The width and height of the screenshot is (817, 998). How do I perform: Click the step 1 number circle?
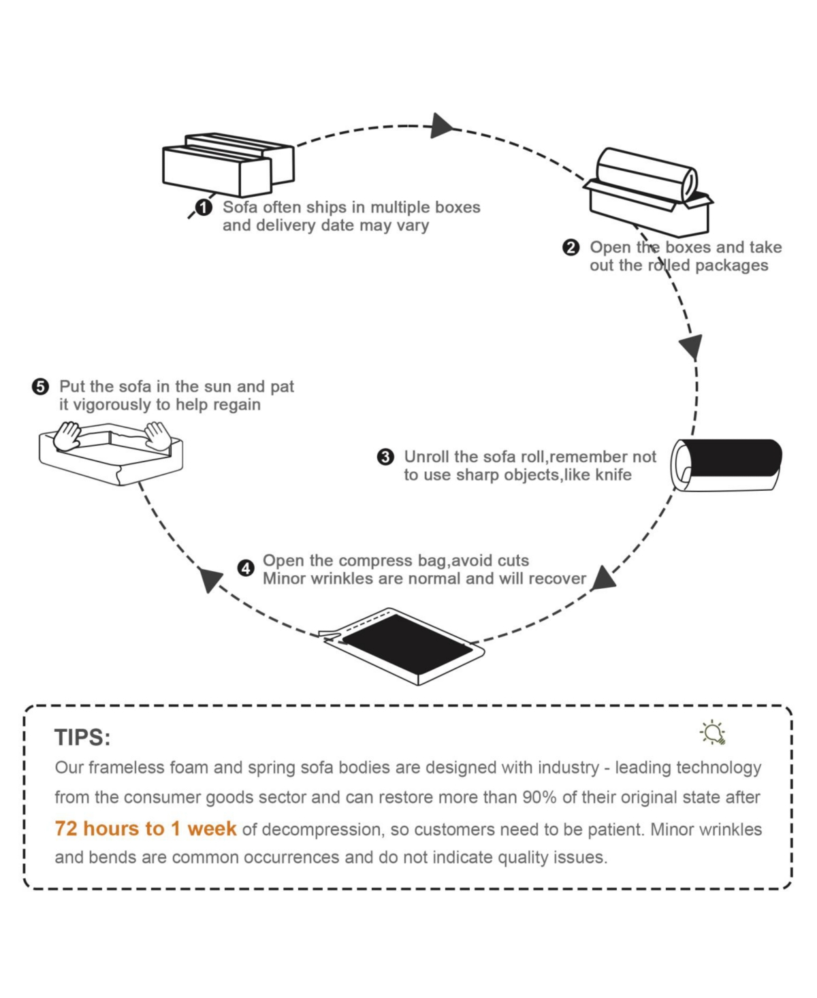(x=204, y=208)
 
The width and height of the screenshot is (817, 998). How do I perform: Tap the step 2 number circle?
(x=571, y=248)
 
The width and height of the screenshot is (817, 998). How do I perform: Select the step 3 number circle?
(x=385, y=457)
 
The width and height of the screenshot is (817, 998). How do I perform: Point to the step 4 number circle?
(x=246, y=568)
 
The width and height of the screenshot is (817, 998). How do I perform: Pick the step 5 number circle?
(x=40, y=387)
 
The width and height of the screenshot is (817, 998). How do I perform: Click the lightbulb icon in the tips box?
(x=713, y=733)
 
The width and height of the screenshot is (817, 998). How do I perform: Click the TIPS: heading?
(x=82, y=737)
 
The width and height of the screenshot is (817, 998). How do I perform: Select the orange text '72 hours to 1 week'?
(x=146, y=828)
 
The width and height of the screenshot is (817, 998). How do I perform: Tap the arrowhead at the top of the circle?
(x=441, y=126)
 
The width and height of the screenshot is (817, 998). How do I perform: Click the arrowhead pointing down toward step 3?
(x=692, y=346)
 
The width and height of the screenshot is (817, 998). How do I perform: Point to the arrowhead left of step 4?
(x=210, y=580)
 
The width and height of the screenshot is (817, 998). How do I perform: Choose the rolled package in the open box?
(x=646, y=174)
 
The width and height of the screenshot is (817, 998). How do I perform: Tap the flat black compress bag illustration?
(x=406, y=644)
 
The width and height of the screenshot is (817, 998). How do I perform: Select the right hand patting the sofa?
(x=157, y=436)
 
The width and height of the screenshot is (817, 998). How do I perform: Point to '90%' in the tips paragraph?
(x=540, y=797)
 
